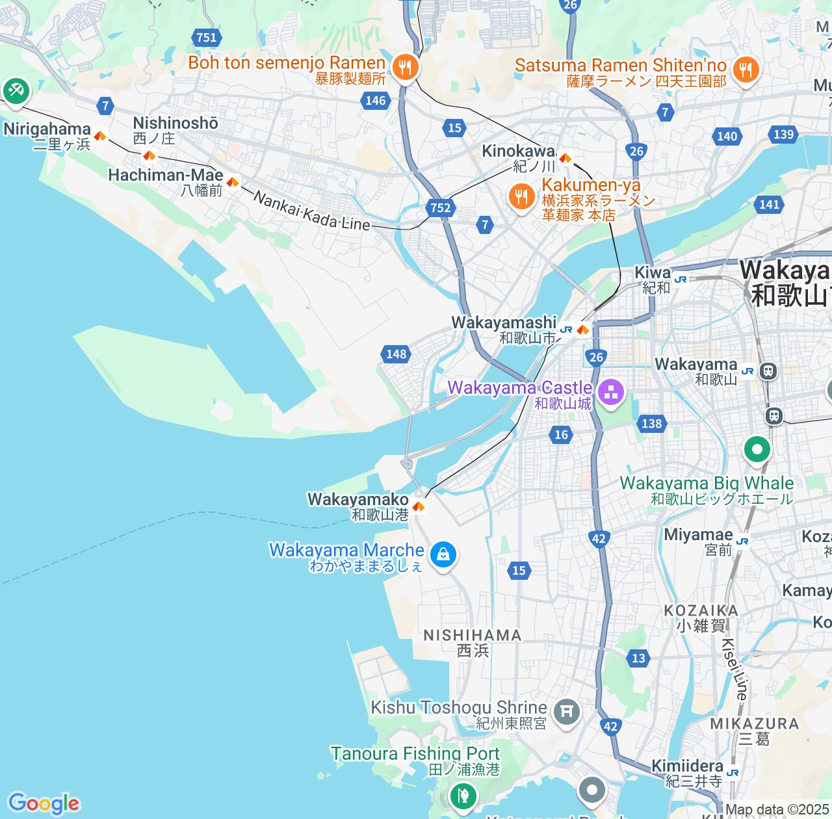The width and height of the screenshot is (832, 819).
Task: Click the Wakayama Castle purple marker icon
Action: click(610, 392)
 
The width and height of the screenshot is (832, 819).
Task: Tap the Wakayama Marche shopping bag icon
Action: click(443, 554)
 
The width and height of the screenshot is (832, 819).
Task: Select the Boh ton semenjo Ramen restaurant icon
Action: click(405, 66)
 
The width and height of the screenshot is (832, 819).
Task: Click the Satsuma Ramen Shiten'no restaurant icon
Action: click(746, 69)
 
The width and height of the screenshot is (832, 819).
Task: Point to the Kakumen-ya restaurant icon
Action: click(521, 195)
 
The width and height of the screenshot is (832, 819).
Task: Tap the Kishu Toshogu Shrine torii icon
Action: click(567, 711)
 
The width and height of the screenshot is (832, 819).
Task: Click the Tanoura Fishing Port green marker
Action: click(462, 794)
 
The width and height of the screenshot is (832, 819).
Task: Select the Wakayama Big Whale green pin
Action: click(757, 449)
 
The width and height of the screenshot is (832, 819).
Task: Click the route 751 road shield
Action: click(206, 38)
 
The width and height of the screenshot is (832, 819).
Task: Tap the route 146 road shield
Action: click(375, 100)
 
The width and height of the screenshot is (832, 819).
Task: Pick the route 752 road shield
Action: click(440, 207)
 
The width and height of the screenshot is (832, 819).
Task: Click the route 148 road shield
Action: click(396, 354)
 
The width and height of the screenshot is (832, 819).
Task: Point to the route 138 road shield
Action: click(651, 424)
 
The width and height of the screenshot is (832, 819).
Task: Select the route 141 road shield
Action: click(769, 204)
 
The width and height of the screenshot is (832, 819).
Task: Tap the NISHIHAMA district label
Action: click(473, 635)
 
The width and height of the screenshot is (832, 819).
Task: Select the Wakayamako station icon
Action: click(419, 506)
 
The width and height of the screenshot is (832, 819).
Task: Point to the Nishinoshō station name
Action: click(175, 123)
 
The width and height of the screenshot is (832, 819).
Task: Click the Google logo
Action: click(44, 803)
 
